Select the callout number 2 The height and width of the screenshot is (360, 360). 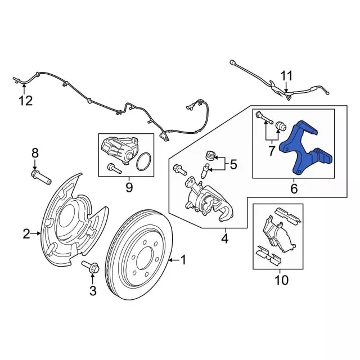click(26, 233)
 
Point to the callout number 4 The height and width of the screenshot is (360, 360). click(224, 239)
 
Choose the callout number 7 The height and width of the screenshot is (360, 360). click(272, 150)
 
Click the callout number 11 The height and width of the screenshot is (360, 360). click(287, 75)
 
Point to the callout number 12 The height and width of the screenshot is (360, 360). click(25, 101)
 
